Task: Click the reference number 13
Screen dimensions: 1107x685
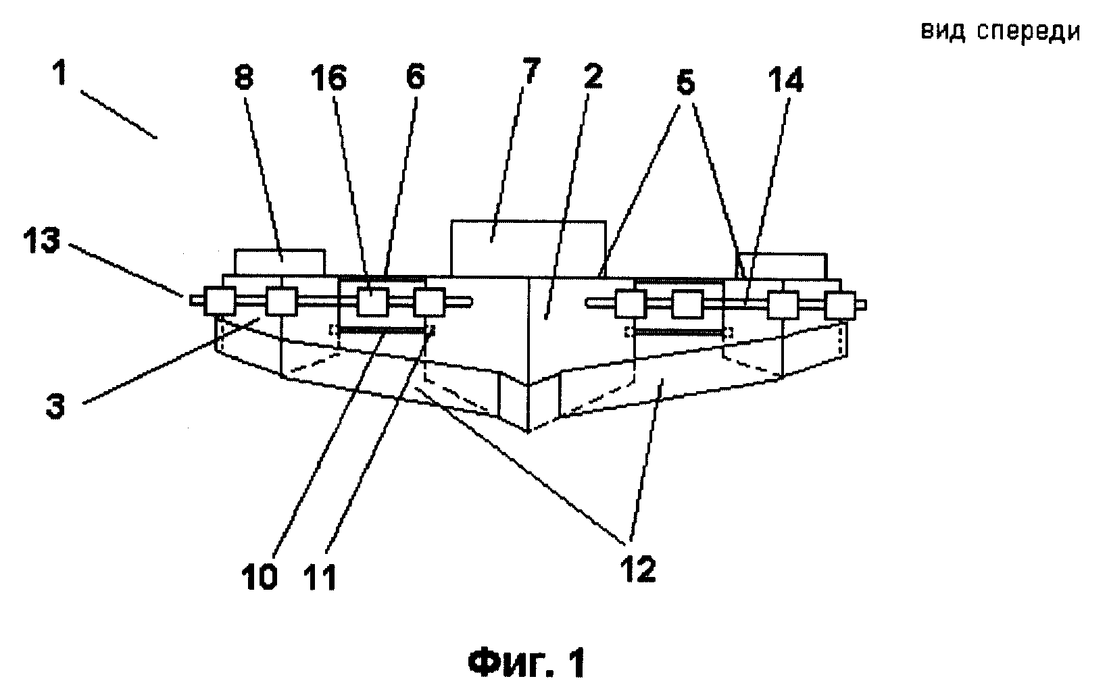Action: pyautogui.click(x=41, y=241)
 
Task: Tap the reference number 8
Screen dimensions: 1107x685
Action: pyautogui.click(x=244, y=78)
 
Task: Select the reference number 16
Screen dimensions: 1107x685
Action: pyautogui.click(x=328, y=80)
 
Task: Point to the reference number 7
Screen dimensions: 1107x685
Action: pyautogui.click(x=531, y=71)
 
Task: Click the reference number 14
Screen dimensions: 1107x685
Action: pyautogui.click(x=785, y=80)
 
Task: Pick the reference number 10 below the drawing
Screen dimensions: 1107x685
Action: pyautogui.click(x=260, y=577)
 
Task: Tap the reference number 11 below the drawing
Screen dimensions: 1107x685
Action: pyautogui.click(x=320, y=577)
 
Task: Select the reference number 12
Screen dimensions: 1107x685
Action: pyautogui.click(x=638, y=569)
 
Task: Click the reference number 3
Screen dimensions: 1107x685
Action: pyautogui.click(x=55, y=407)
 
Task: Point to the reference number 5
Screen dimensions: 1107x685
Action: pyautogui.click(x=685, y=82)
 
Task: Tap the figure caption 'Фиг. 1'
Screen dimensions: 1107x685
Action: pyautogui.click(x=527, y=663)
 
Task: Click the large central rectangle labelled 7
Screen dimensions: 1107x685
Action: pyautogui.click(x=528, y=249)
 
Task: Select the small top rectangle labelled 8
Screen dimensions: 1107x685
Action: pyautogui.click(x=280, y=262)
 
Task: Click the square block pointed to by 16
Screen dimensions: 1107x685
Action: pyautogui.click(x=372, y=301)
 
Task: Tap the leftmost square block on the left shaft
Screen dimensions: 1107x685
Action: pyautogui.click(x=220, y=300)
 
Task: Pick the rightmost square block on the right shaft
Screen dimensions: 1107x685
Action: pyautogui.click(x=840, y=306)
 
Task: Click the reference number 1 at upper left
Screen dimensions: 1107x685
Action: pyautogui.click(x=59, y=74)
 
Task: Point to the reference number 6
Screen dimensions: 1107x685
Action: pyautogui.click(x=415, y=78)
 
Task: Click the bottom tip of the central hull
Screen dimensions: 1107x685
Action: pyautogui.click(x=528, y=432)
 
